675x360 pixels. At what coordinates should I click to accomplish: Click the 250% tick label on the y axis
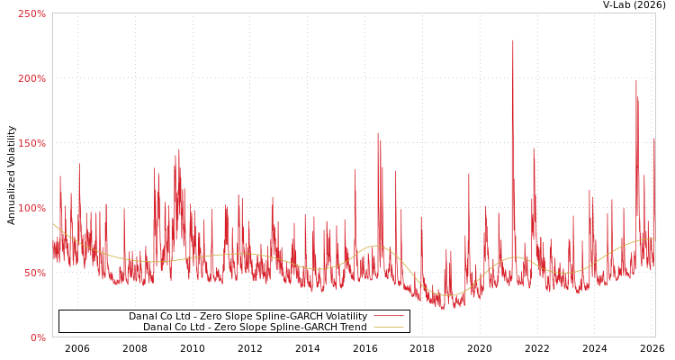(x=31, y=14)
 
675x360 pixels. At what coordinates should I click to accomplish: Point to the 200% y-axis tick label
(x=31, y=79)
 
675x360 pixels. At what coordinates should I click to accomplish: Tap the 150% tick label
(x=31, y=144)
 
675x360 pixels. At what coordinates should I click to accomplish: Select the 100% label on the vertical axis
(x=31, y=209)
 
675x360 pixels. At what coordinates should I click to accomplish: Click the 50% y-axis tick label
(x=34, y=274)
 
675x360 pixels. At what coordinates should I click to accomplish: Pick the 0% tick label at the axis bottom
(x=38, y=338)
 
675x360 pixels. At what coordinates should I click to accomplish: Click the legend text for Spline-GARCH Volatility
(x=247, y=317)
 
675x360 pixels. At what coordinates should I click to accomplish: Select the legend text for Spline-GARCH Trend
(x=255, y=328)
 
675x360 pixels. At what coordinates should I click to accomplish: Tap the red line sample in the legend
(x=388, y=317)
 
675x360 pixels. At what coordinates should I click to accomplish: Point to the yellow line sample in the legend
(x=388, y=328)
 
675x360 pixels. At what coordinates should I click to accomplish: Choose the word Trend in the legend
(x=352, y=328)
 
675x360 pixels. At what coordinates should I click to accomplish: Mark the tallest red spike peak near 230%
(x=513, y=40)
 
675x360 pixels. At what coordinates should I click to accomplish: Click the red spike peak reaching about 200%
(x=635, y=81)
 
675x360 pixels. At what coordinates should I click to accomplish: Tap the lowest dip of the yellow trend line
(x=447, y=295)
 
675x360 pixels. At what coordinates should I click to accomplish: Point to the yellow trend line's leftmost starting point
(x=53, y=224)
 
